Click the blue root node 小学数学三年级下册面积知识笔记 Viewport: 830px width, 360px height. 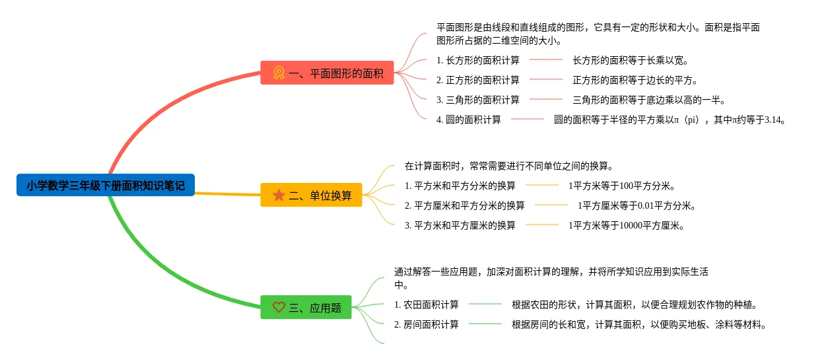(106, 186)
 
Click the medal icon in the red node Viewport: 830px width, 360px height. (279, 73)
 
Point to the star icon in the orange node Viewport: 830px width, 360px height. (279, 196)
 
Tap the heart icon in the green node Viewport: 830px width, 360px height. (279, 307)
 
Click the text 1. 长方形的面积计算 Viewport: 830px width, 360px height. (478, 61)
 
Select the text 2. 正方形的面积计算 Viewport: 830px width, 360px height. (478, 81)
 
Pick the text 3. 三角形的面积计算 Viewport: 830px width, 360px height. (478, 100)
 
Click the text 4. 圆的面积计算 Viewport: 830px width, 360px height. (469, 120)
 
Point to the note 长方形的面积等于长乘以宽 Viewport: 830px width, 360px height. (631, 61)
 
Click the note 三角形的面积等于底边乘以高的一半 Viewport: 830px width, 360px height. (649, 100)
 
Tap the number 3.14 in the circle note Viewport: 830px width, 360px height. (773, 120)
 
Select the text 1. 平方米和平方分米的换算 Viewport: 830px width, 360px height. (460, 186)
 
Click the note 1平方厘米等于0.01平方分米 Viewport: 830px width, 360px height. (637, 206)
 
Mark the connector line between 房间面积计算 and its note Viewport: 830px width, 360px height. (485, 324)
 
